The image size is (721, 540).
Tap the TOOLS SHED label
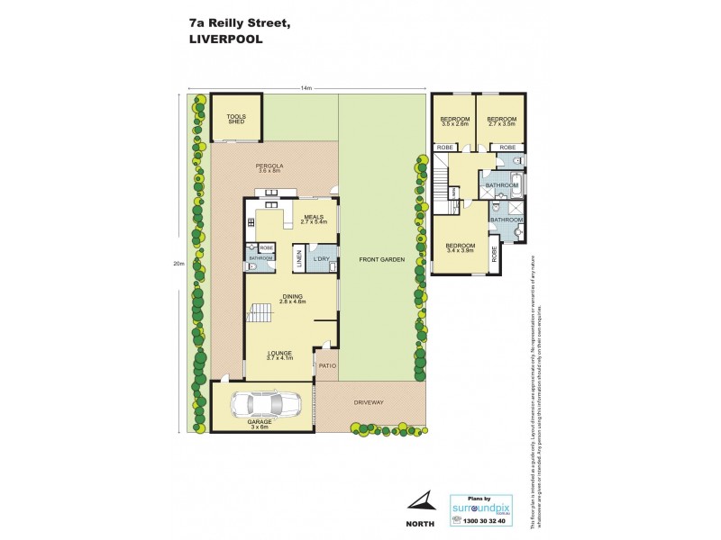236,119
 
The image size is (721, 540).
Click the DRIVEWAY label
369,401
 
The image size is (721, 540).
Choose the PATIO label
325,365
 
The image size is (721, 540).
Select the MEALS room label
313,217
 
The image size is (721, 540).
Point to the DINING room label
292,297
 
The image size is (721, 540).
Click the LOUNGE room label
281,355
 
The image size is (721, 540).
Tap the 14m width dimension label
306,88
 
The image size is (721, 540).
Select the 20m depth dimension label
178,264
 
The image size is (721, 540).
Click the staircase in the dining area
260,314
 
